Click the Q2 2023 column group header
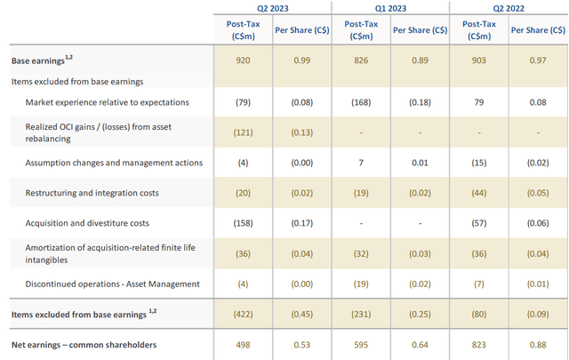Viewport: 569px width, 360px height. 271,7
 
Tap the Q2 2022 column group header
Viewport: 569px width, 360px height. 508,7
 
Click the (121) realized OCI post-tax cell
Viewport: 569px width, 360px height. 243,132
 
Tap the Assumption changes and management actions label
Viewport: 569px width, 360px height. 115,163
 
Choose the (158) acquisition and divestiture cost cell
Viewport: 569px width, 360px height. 243,223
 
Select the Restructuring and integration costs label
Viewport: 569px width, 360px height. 95,193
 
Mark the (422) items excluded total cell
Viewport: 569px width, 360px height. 243,314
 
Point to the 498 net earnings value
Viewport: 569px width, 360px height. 243,344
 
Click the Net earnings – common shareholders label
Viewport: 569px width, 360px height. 84,344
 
